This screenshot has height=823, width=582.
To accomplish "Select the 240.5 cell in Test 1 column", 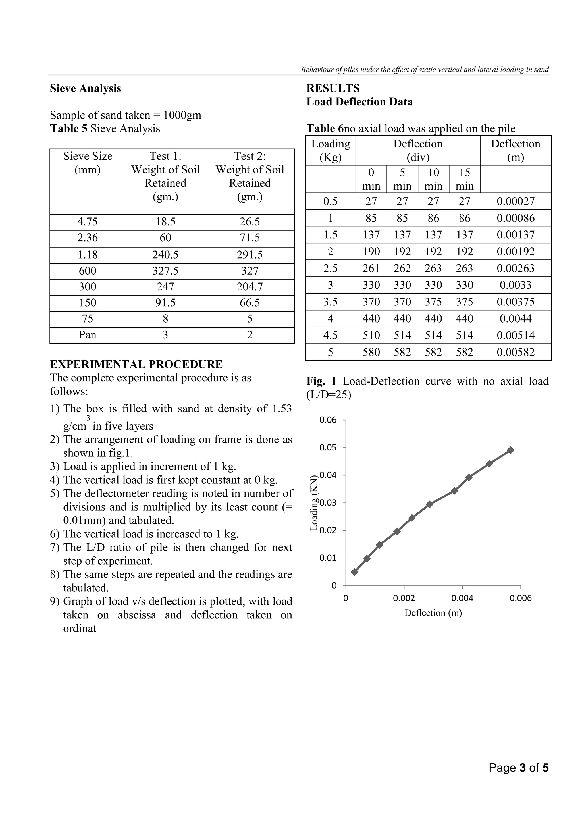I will [x=165, y=255].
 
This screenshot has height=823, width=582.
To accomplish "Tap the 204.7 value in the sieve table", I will [x=250, y=286].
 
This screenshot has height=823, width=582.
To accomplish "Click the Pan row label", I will [x=88, y=334].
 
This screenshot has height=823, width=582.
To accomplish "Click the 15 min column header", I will [x=464, y=179].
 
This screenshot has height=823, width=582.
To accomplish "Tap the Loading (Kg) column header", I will [x=331, y=150].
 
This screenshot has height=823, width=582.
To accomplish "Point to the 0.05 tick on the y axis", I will [x=328, y=447].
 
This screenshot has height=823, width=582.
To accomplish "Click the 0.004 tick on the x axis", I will [x=462, y=598].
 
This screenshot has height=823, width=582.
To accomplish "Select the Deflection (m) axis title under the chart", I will [x=433, y=613].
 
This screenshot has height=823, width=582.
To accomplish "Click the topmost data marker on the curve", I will [x=511, y=450].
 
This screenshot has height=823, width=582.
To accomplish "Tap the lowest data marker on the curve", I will [x=354, y=572].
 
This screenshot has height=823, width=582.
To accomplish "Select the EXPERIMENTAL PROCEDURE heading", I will [x=136, y=364].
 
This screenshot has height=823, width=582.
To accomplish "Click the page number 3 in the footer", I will [x=523, y=778].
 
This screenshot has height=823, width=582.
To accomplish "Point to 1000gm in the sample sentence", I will [x=182, y=115].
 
